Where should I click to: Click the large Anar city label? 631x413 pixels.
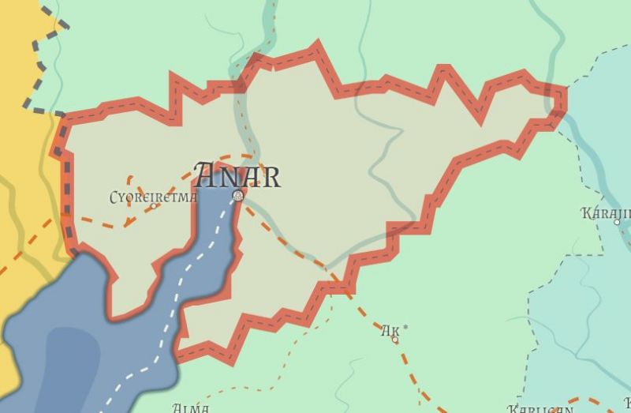[237, 175]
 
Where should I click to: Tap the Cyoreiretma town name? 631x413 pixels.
[153, 197]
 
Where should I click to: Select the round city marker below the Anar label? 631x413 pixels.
[237, 194]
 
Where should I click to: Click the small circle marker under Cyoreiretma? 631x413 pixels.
[154, 207]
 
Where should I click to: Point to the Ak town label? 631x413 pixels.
[390, 332]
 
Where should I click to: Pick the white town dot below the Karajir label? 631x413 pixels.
[618, 223]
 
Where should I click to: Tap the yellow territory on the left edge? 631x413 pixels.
[20, 158]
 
